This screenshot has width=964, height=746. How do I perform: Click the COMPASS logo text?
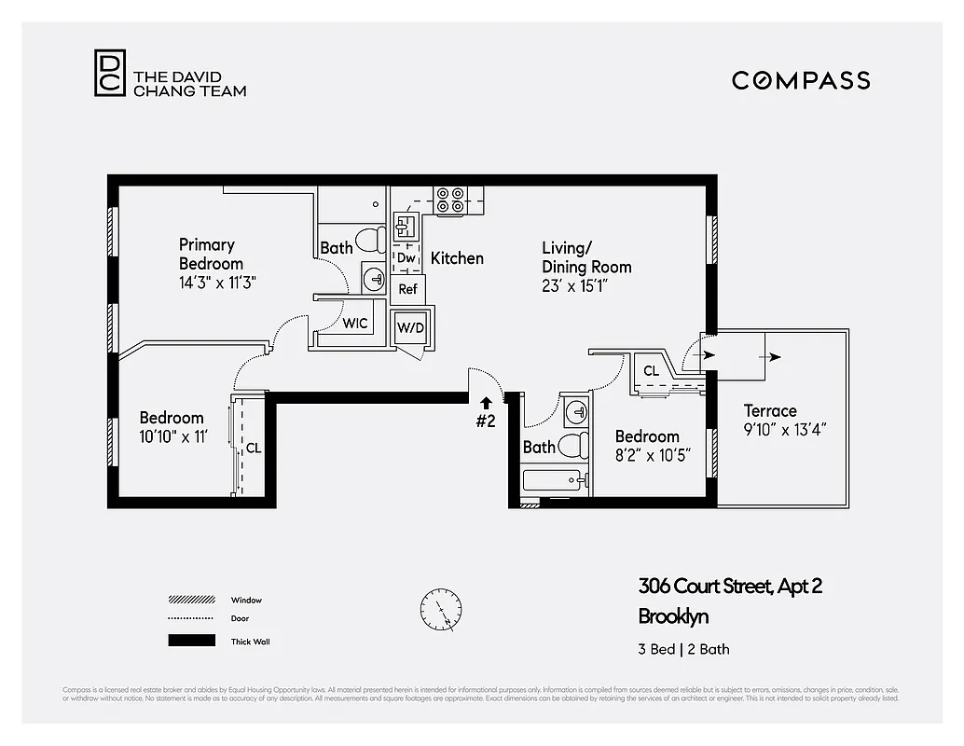pyautogui.click(x=801, y=80)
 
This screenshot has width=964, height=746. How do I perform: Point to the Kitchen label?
pyautogui.click(x=457, y=258)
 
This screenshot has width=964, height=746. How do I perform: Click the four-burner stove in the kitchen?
pyautogui.click(x=450, y=201)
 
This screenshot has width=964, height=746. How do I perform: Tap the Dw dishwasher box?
pyautogui.click(x=406, y=258)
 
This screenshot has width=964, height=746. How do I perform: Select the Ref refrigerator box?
pyautogui.click(x=407, y=289)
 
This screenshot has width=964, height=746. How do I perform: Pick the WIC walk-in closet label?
pyautogui.click(x=355, y=324)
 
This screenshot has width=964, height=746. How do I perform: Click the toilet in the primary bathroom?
pyautogui.click(x=371, y=241)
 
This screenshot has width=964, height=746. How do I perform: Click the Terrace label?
pyautogui.click(x=770, y=411)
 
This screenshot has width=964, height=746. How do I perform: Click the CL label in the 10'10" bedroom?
pyautogui.click(x=254, y=449)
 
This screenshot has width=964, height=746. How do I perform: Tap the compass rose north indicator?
pyautogui.click(x=441, y=611)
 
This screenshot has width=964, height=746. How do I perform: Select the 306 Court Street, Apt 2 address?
pyautogui.click(x=730, y=587)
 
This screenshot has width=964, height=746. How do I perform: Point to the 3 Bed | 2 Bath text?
pyautogui.click(x=684, y=649)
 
